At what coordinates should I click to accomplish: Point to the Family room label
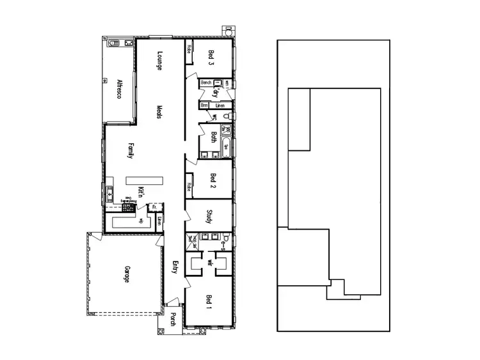[x=131, y=151]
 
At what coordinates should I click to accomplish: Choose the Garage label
[x=127, y=274]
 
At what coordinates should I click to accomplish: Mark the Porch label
[x=173, y=318]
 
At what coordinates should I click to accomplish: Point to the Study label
[x=209, y=216]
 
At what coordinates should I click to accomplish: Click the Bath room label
[x=213, y=138]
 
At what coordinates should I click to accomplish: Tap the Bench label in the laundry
[x=205, y=83]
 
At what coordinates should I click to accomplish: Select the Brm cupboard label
[x=204, y=105]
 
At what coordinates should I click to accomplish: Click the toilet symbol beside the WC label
[x=225, y=116]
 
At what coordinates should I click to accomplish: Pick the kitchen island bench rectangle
[x=144, y=180]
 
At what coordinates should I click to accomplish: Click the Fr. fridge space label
[x=154, y=207]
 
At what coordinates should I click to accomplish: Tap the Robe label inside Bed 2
[x=189, y=187]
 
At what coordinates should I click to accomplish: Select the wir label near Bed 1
[x=209, y=262]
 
